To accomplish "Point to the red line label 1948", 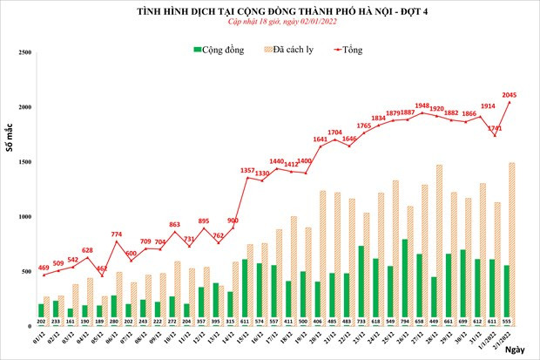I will click(x=448, y=105).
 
